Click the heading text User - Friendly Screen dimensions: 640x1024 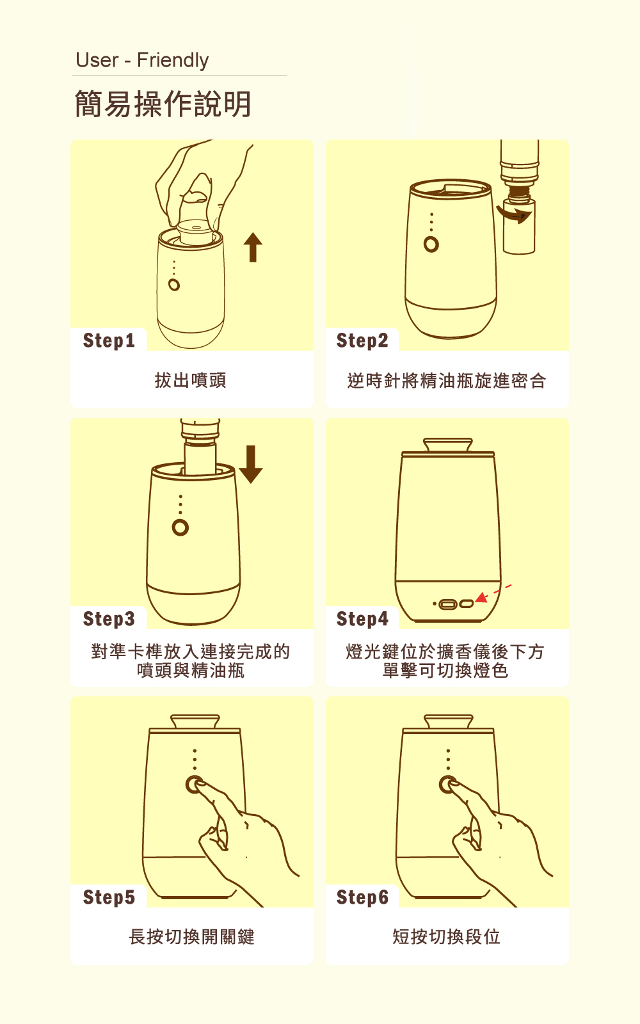(142, 60)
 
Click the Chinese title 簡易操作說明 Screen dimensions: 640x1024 (163, 104)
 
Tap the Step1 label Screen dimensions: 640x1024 (109, 340)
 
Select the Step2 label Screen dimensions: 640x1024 (362, 340)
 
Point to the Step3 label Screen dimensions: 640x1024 (109, 619)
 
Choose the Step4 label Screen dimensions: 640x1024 (362, 619)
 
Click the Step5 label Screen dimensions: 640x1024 (109, 897)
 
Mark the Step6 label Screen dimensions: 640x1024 (362, 897)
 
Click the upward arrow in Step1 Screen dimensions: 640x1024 (253, 247)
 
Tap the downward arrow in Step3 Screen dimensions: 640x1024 (250, 465)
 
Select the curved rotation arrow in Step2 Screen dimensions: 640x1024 (515, 215)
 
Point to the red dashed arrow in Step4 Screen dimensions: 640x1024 (493, 593)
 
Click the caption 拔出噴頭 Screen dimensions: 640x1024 (191, 380)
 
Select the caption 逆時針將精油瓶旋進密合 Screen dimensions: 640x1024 (447, 380)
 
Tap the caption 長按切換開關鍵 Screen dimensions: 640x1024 (191, 937)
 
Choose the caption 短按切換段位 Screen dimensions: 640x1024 (447, 937)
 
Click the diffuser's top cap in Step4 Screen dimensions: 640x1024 (447, 445)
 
